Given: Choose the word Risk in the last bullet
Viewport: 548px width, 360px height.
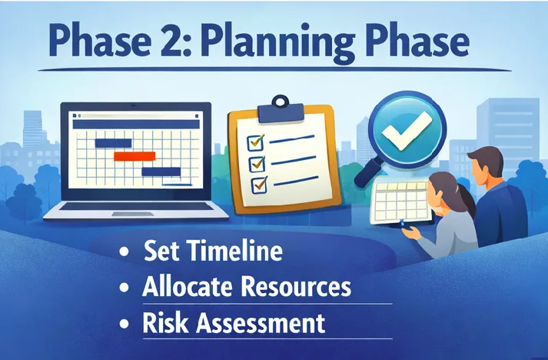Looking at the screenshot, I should pyautogui.click(x=164, y=322).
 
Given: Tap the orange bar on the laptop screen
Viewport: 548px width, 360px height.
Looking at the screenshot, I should pyautogui.click(x=134, y=156).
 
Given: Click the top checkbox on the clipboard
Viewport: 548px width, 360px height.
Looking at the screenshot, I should pyautogui.click(x=254, y=142).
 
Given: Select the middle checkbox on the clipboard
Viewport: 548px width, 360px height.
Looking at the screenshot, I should pyautogui.click(x=257, y=163).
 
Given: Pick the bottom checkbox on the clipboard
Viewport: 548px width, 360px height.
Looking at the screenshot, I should pyautogui.click(x=259, y=184).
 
